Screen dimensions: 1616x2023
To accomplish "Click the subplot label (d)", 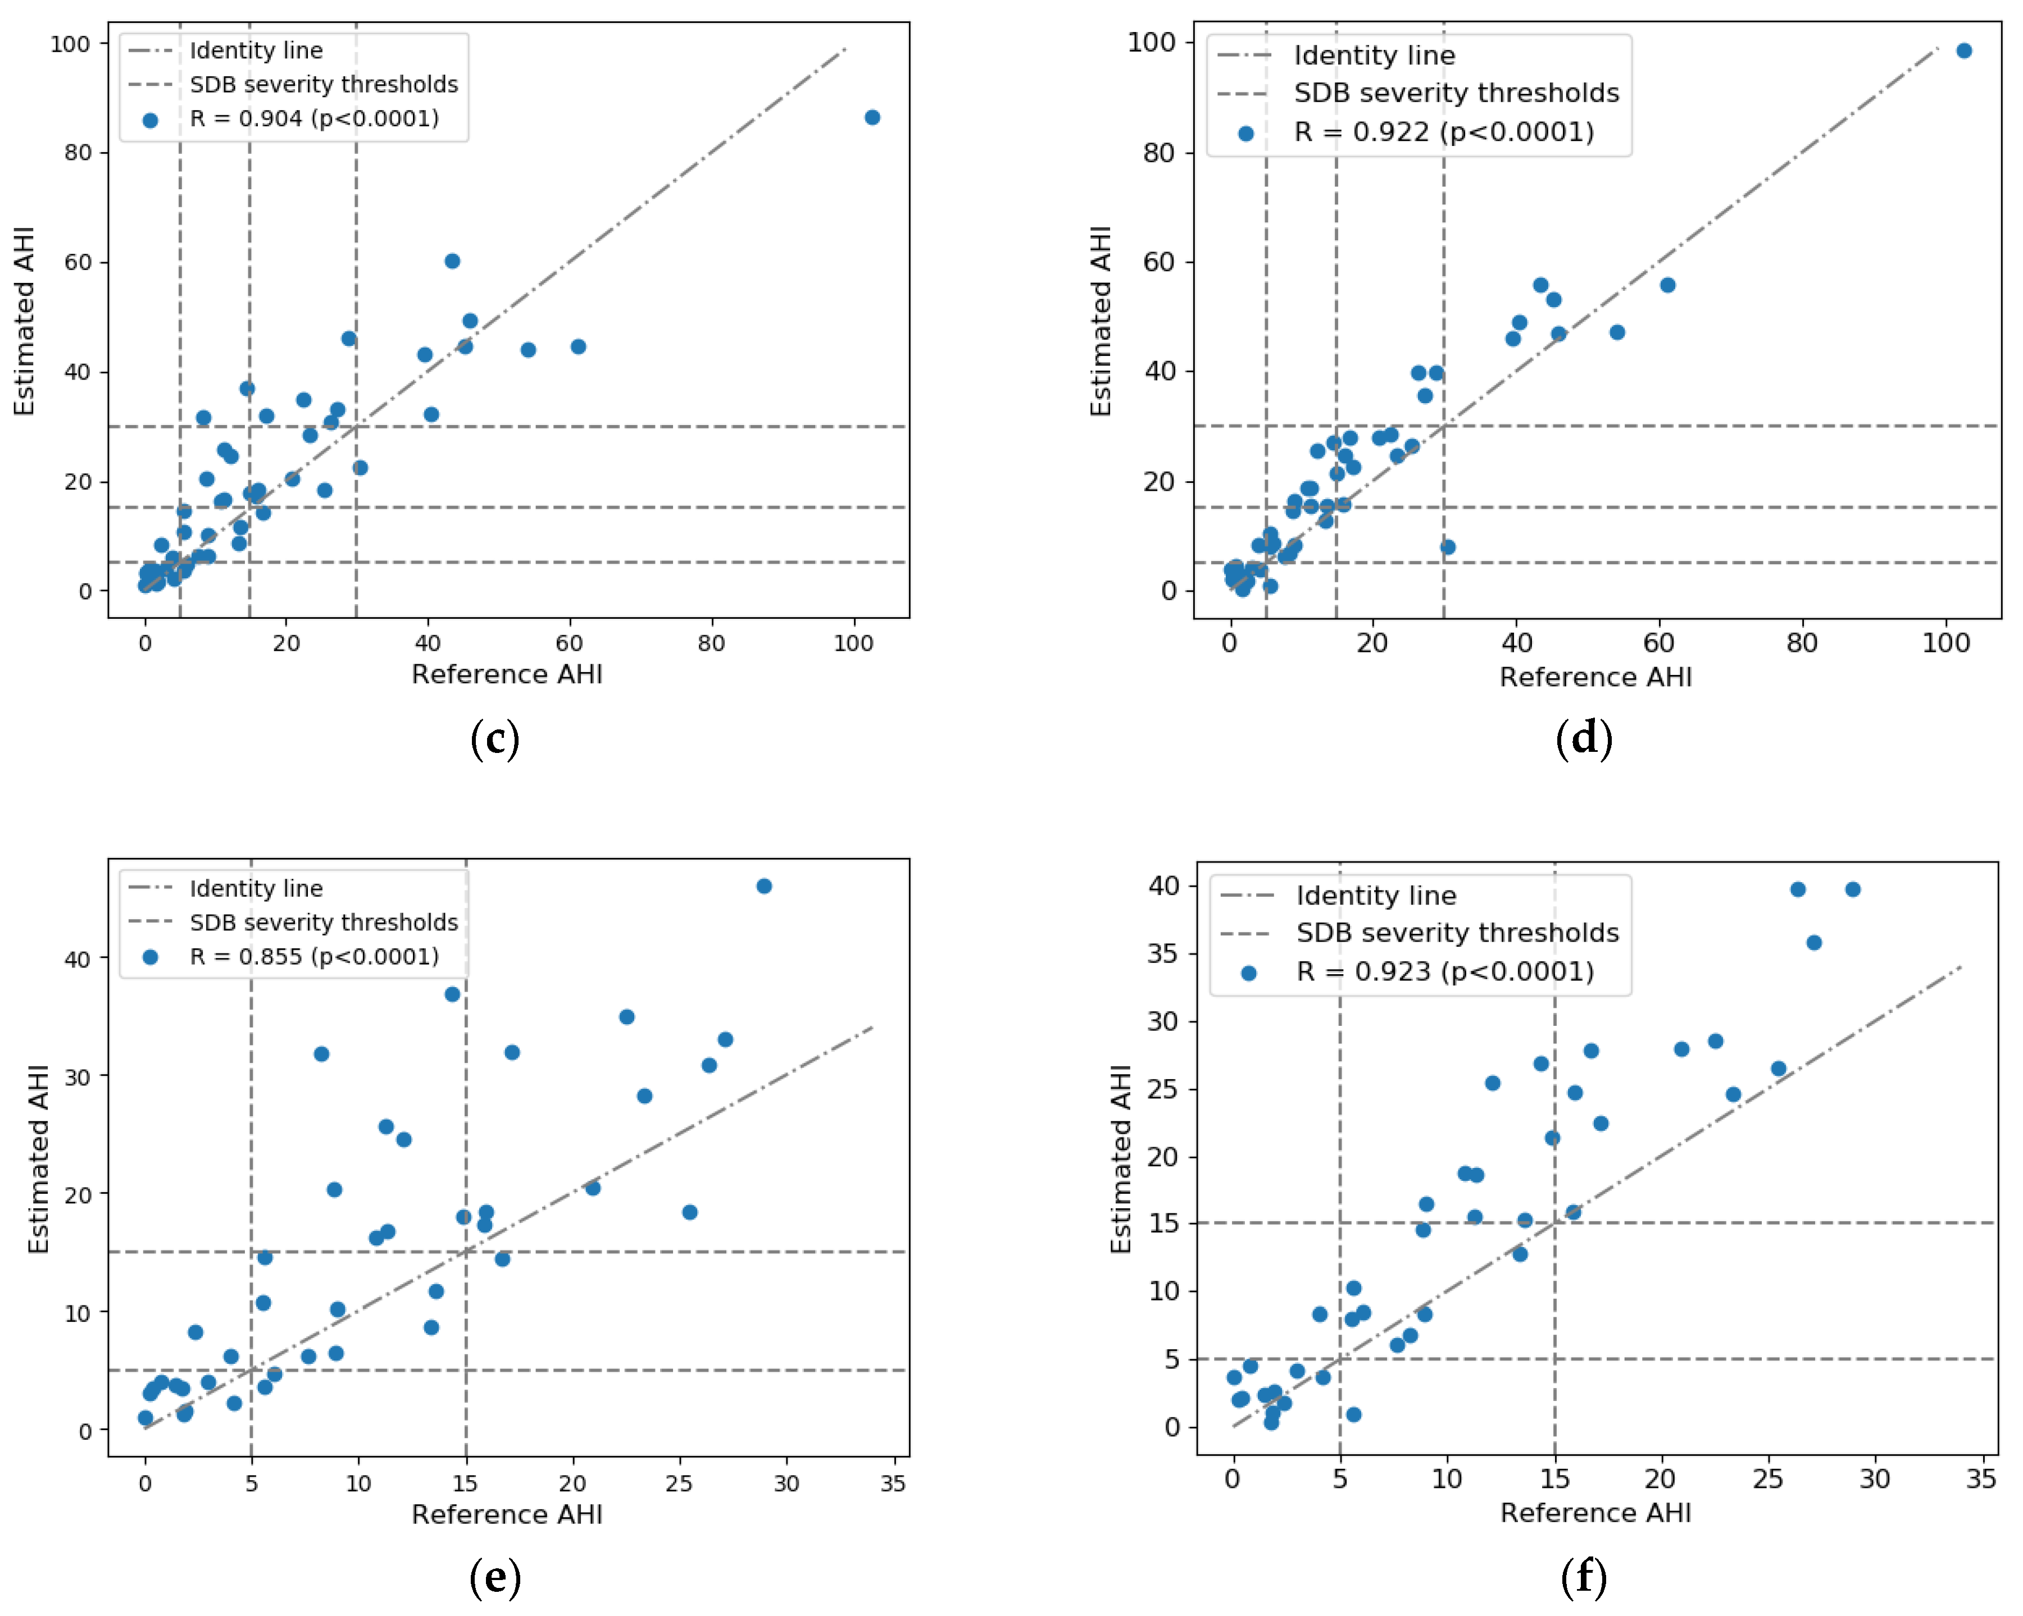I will coord(1584,738).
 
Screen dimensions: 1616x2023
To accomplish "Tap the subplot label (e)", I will coord(494,1578).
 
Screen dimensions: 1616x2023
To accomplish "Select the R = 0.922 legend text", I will coord(1443,133).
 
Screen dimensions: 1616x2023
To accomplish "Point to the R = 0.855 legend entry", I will coord(313,957).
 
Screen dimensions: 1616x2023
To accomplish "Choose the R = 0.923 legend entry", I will coord(1445,971).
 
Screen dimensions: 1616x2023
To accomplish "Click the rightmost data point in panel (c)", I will coord(872,117).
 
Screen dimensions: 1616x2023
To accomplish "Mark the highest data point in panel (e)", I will coord(764,886).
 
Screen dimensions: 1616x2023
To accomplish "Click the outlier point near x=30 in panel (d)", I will coord(1448,547).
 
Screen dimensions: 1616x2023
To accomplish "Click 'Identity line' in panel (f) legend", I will coord(1376,896).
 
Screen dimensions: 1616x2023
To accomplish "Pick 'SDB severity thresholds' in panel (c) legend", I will coord(324,84).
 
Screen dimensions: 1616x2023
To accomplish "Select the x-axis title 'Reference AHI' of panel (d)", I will coord(1595,677).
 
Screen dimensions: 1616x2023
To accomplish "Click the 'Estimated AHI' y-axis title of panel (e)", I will coord(38,1159).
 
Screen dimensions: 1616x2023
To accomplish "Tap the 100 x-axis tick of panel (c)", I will coord(853,643).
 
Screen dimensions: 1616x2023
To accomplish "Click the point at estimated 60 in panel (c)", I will coord(452,261).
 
